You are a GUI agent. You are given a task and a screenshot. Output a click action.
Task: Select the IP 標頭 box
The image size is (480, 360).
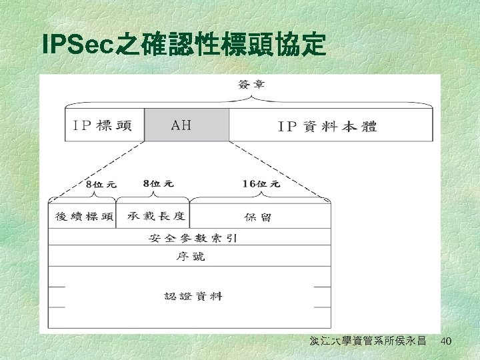(x=105, y=125)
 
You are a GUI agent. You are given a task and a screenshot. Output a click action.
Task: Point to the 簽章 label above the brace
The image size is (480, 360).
(x=251, y=85)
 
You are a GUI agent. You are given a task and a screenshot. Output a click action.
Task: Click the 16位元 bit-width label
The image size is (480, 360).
(x=261, y=184)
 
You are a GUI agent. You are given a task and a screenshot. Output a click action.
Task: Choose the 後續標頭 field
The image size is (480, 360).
(x=82, y=217)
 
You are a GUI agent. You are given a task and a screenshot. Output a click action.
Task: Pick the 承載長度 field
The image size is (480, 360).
(x=153, y=217)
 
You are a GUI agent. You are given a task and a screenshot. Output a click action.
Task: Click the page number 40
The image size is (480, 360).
(x=446, y=341)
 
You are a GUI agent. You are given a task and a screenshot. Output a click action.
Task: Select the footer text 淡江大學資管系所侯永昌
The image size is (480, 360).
(x=367, y=341)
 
